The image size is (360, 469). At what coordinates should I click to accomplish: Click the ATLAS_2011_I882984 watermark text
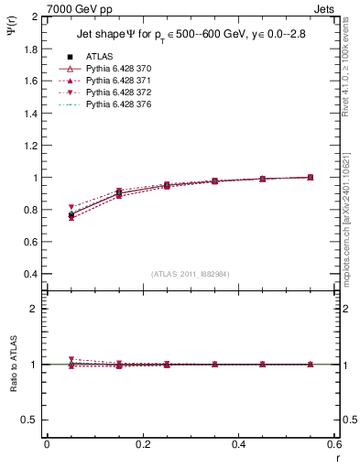coord(190,274)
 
